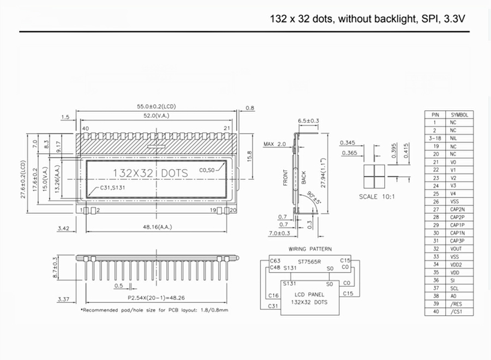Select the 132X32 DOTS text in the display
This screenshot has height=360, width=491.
149,173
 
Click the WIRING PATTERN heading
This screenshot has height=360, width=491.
310,249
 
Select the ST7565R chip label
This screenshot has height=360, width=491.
309,261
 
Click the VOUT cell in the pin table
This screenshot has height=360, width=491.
456,249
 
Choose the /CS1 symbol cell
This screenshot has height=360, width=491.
456,311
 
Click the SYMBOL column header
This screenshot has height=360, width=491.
459,115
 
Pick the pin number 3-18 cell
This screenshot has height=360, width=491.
435,139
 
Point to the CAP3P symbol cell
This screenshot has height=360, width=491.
457,241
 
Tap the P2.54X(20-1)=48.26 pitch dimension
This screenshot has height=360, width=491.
156,298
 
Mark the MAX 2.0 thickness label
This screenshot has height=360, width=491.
274,144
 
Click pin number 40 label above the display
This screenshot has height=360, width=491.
85,128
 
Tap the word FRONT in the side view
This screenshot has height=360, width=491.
285,177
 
